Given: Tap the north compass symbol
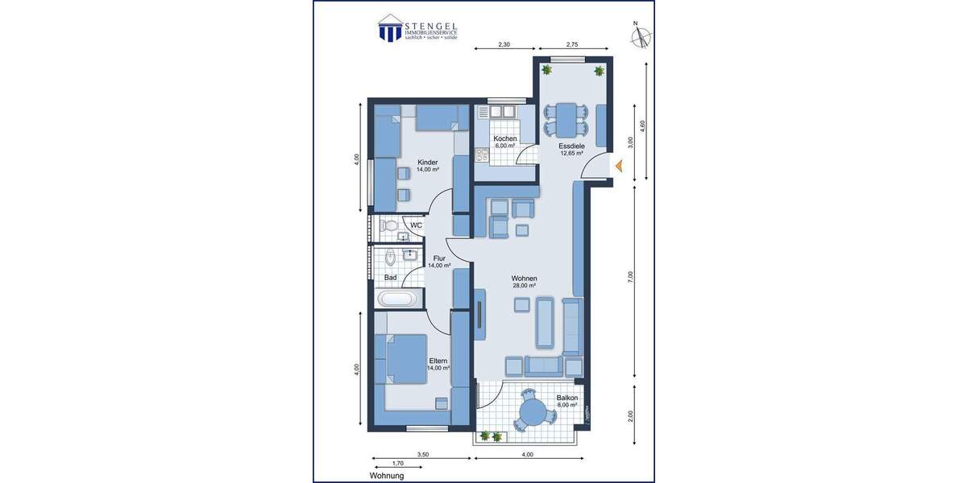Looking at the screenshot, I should click(641, 37).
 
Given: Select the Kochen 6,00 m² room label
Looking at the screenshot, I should click(505, 142).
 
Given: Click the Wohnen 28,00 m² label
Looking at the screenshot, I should click(524, 281).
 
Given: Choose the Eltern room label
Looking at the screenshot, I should click(438, 364).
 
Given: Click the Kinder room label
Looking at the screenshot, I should click(427, 166).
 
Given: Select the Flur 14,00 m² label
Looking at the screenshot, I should click(438, 262).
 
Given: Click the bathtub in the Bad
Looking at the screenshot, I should click(398, 299).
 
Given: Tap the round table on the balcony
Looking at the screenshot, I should click(533, 412).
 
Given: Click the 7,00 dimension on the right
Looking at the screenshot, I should click(631, 276).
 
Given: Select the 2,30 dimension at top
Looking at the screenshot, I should click(504, 45).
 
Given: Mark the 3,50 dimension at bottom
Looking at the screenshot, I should click(423, 455).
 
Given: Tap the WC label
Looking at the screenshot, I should click(416, 225).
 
